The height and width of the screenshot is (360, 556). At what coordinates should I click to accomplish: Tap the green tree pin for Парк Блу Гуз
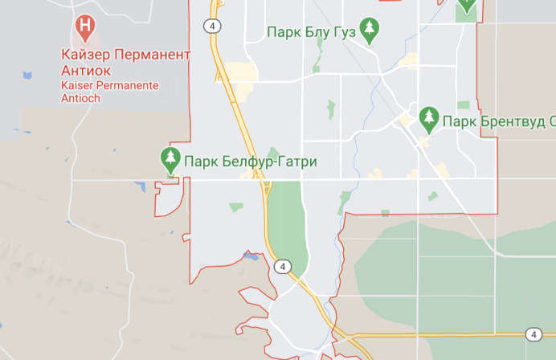(369, 31)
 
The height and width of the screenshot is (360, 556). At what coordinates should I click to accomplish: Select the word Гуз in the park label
(345, 32)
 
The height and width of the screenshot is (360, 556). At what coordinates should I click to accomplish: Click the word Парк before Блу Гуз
(283, 32)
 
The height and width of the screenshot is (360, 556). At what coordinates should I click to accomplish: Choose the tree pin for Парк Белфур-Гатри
(170, 159)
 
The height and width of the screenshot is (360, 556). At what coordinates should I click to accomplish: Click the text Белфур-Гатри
(268, 162)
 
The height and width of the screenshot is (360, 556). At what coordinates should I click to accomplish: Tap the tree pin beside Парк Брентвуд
(428, 119)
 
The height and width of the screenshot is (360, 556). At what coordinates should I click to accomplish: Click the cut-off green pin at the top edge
(466, 8)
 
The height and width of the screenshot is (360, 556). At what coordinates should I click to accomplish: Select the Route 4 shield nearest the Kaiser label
(212, 26)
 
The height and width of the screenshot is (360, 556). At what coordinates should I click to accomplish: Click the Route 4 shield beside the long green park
(280, 266)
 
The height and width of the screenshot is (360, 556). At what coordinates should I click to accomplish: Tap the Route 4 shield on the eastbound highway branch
(534, 334)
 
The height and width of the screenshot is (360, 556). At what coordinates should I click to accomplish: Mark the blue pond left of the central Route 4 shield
(251, 257)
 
